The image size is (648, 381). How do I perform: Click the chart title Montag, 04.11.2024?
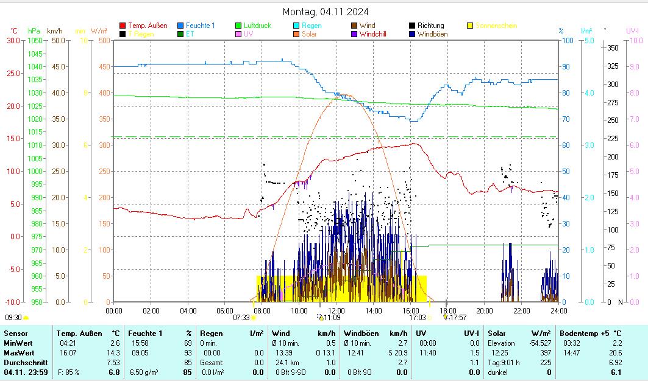pyautogui.click(x=326, y=12)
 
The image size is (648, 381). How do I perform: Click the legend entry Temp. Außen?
pyautogui.click(x=147, y=26)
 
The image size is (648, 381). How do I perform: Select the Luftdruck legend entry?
pyautogui.click(x=257, y=26)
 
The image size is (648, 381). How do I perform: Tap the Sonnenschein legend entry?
pyautogui.click(x=496, y=26)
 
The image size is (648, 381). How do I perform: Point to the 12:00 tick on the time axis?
pyautogui.click(x=336, y=310)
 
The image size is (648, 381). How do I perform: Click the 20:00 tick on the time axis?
pyautogui.click(x=485, y=310)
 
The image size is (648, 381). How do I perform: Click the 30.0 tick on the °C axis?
pyautogui.click(x=12, y=40)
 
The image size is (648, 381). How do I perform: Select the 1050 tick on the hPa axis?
pyautogui.click(x=34, y=40)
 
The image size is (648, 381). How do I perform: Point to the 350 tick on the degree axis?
pyautogui.click(x=613, y=47)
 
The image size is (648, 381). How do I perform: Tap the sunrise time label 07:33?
pyautogui.click(x=241, y=317)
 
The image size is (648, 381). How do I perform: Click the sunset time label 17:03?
pyautogui.click(x=417, y=317)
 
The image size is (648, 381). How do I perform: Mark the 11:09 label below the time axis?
pyautogui.click(x=332, y=317)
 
